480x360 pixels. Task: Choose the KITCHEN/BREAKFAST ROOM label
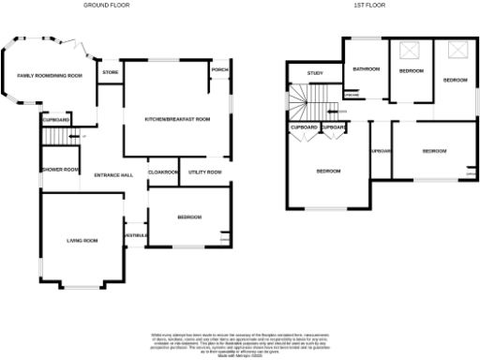pyautogui.click(x=176, y=120)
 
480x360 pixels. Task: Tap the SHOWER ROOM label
pyautogui.click(x=59, y=170)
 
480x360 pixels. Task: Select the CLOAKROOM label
pyautogui.click(x=164, y=172)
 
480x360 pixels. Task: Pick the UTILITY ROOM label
pyautogui.click(x=204, y=172)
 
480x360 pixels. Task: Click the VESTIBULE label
pyautogui.click(x=137, y=234)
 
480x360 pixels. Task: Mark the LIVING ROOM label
pyautogui.click(x=82, y=241)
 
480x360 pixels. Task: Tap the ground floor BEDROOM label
pyautogui.click(x=189, y=217)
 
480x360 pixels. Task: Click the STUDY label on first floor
pyautogui.click(x=315, y=72)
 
